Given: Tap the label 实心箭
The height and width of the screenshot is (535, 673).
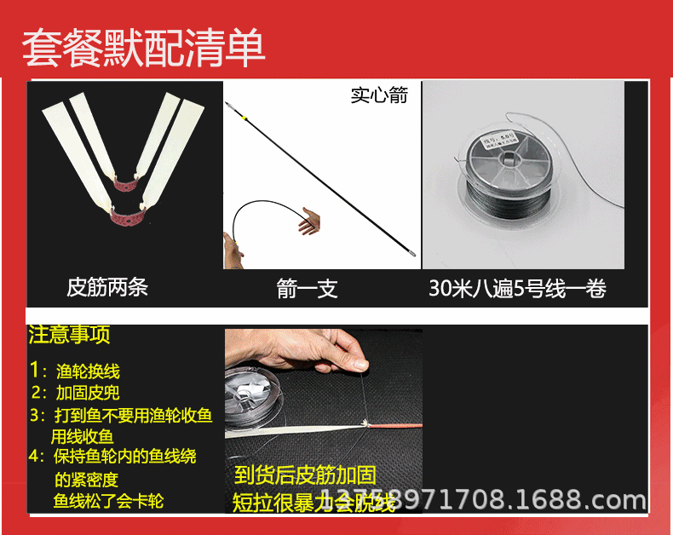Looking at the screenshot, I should pos(379,95).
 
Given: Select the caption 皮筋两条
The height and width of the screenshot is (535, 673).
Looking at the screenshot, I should pos(107,287).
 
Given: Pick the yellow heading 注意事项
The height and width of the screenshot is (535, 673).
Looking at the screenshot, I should pos(70,335).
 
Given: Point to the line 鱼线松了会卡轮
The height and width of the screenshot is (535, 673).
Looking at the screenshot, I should pos(108,501).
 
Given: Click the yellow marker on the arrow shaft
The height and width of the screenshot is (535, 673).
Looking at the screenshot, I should pos(244,117).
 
